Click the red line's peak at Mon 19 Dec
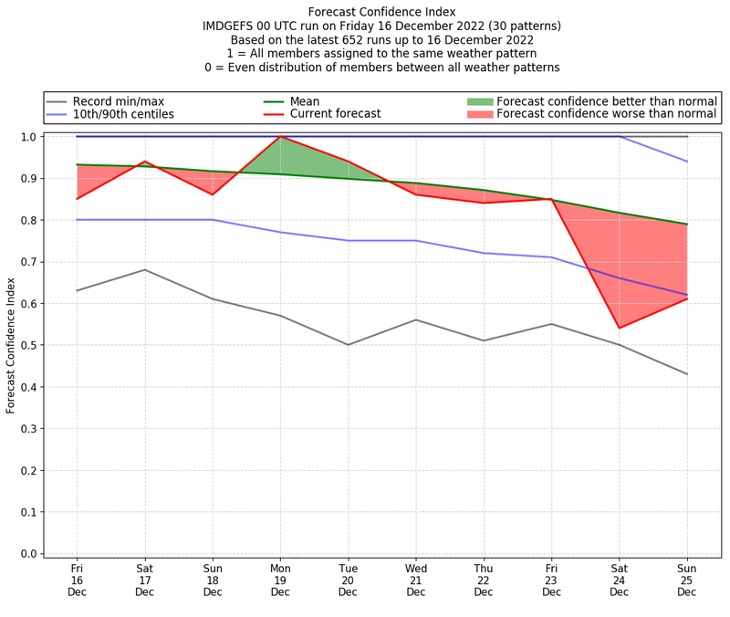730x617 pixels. coord(280,137)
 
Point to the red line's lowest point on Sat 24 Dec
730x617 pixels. coord(620,328)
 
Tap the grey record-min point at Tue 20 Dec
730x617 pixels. coord(348,345)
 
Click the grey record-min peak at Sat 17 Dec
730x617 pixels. coord(144,269)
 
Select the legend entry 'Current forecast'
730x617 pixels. coord(335,114)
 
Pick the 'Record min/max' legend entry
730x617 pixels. coord(118,101)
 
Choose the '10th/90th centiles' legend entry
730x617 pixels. coord(122,114)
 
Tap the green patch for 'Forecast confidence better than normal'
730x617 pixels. coord(480,101)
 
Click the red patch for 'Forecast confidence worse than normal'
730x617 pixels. coord(480,114)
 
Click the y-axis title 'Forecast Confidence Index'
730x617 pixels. coord(11,345)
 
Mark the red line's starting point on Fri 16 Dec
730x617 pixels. coord(77,199)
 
